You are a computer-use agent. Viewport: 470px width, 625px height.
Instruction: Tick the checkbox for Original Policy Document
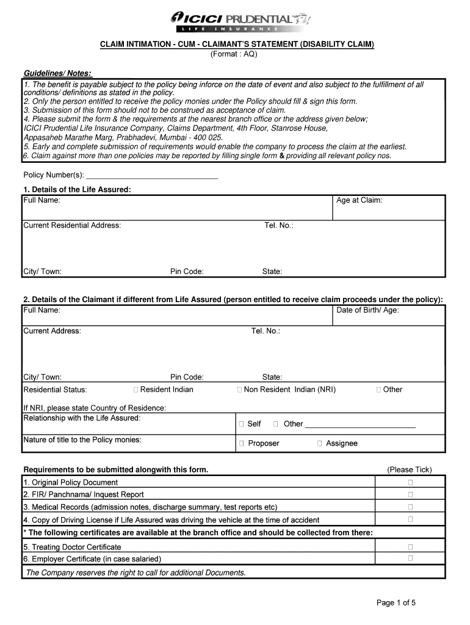pyautogui.click(x=411, y=483)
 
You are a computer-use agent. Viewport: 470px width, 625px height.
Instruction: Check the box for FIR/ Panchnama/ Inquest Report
pyautogui.click(x=411, y=495)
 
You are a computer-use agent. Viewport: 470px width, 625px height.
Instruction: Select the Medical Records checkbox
pyautogui.click(x=411, y=507)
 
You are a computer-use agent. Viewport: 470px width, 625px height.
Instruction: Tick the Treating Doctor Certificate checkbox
pyautogui.click(x=411, y=547)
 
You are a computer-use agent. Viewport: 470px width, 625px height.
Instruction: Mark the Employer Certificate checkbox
pyautogui.click(x=411, y=558)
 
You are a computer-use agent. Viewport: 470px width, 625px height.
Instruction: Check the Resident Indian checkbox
pyautogui.click(x=136, y=389)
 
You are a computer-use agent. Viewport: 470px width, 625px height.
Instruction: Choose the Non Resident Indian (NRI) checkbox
pyautogui.click(x=240, y=389)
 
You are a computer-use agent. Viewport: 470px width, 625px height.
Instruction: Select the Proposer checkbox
pyautogui.click(x=242, y=443)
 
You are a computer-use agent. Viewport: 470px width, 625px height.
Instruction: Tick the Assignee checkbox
pyautogui.click(x=319, y=443)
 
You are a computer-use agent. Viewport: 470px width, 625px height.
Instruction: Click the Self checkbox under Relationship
pyautogui.click(x=242, y=424)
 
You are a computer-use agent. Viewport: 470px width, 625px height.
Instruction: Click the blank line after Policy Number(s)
pyautogui.click(x=153, y=176)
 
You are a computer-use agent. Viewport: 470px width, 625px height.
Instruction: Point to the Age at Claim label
pyautogui.click(x=360, y=200)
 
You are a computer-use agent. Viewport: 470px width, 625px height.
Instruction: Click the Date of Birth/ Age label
pyautogui.click(x=367, y=310)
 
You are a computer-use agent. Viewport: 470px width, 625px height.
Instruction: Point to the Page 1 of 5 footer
pyautogui.click(x=396, y=603)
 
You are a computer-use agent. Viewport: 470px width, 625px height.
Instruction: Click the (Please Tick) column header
pyautogui.click(x=409, y=469)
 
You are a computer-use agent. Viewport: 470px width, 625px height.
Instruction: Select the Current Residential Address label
pyautogui.click(x=72, y=225)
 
